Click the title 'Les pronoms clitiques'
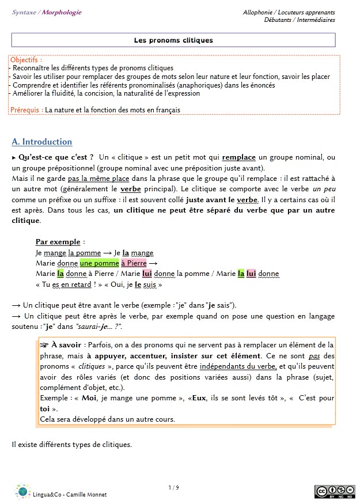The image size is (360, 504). point(173,40)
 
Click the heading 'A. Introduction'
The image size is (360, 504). point(42,142)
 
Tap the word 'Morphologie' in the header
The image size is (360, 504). point(62,12)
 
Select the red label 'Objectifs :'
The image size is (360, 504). point(26,59)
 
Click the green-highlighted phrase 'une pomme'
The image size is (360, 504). point(100,263)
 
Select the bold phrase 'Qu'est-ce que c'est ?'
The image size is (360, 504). point(56,157)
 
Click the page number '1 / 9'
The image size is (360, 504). point(173,488)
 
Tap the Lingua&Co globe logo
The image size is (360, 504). point(22,491)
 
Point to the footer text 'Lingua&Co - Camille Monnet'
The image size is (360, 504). point(70,495)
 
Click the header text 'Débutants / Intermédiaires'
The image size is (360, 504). point(300,20)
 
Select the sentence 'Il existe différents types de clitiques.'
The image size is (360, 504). point(72,444)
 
